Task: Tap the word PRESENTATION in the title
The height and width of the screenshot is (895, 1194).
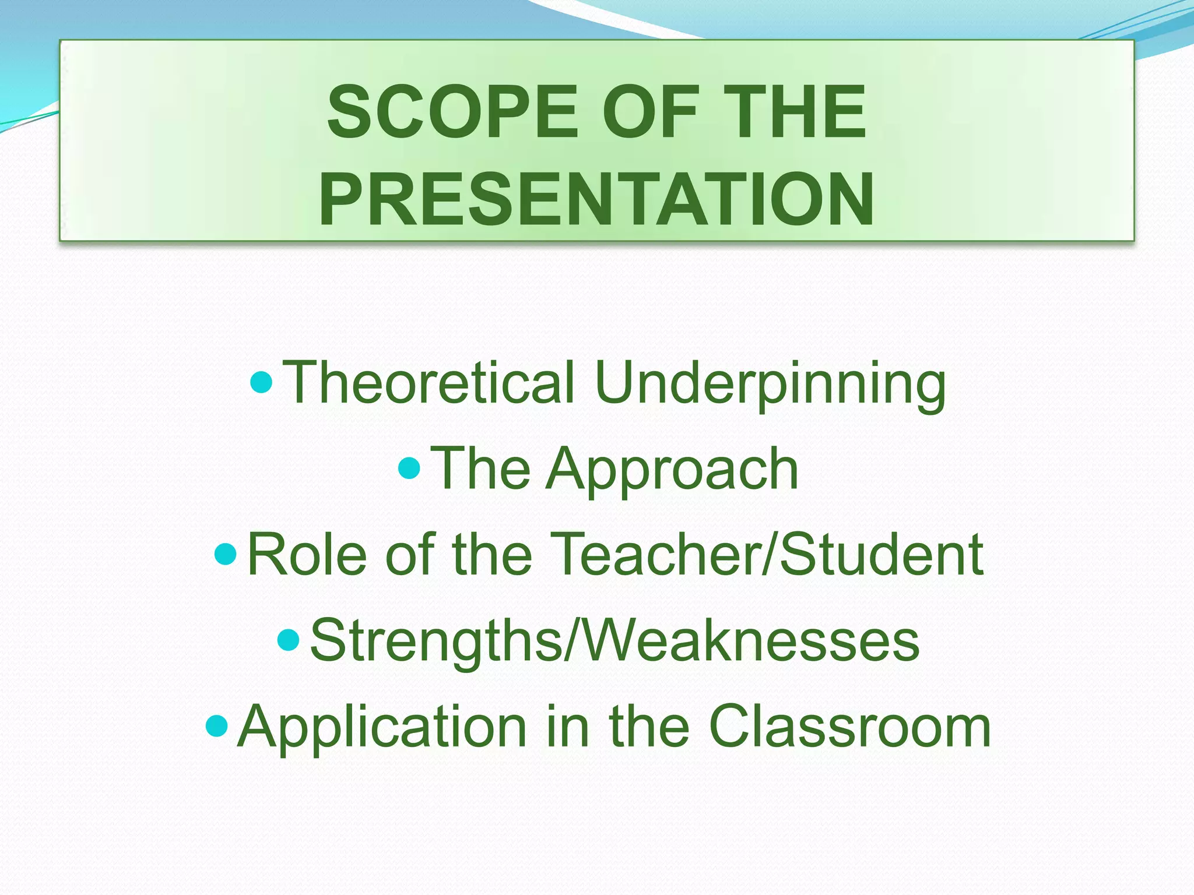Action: point(596,199)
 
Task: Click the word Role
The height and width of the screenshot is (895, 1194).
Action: point(307,554)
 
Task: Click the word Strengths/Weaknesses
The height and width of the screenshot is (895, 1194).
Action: point(614,640)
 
